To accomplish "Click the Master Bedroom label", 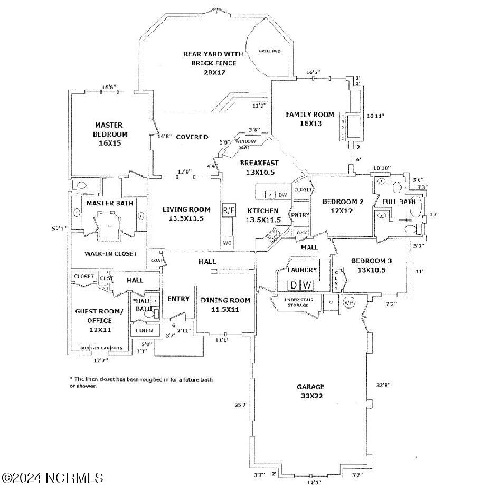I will click(x=109, y=133).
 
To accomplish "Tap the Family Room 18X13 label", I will click(x=310, y=119).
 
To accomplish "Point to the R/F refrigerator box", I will click(x=229, y=210).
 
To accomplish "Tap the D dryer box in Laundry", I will click(x=294, y=285).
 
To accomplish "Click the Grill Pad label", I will click(x=269, y=51).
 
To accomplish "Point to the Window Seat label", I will click(x=245, y=144).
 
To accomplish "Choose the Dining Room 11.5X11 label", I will click(x=225, y=304).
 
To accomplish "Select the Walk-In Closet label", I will click(x=110, y=254).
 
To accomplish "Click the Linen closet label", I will click(x=144, y=331).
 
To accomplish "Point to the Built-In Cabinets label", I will click(x=101, y=348).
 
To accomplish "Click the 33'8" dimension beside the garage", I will click(x=383, y=386).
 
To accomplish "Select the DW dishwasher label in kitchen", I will click(x=282, y=195).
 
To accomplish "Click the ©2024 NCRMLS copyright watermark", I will click(x=52, y=478).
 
